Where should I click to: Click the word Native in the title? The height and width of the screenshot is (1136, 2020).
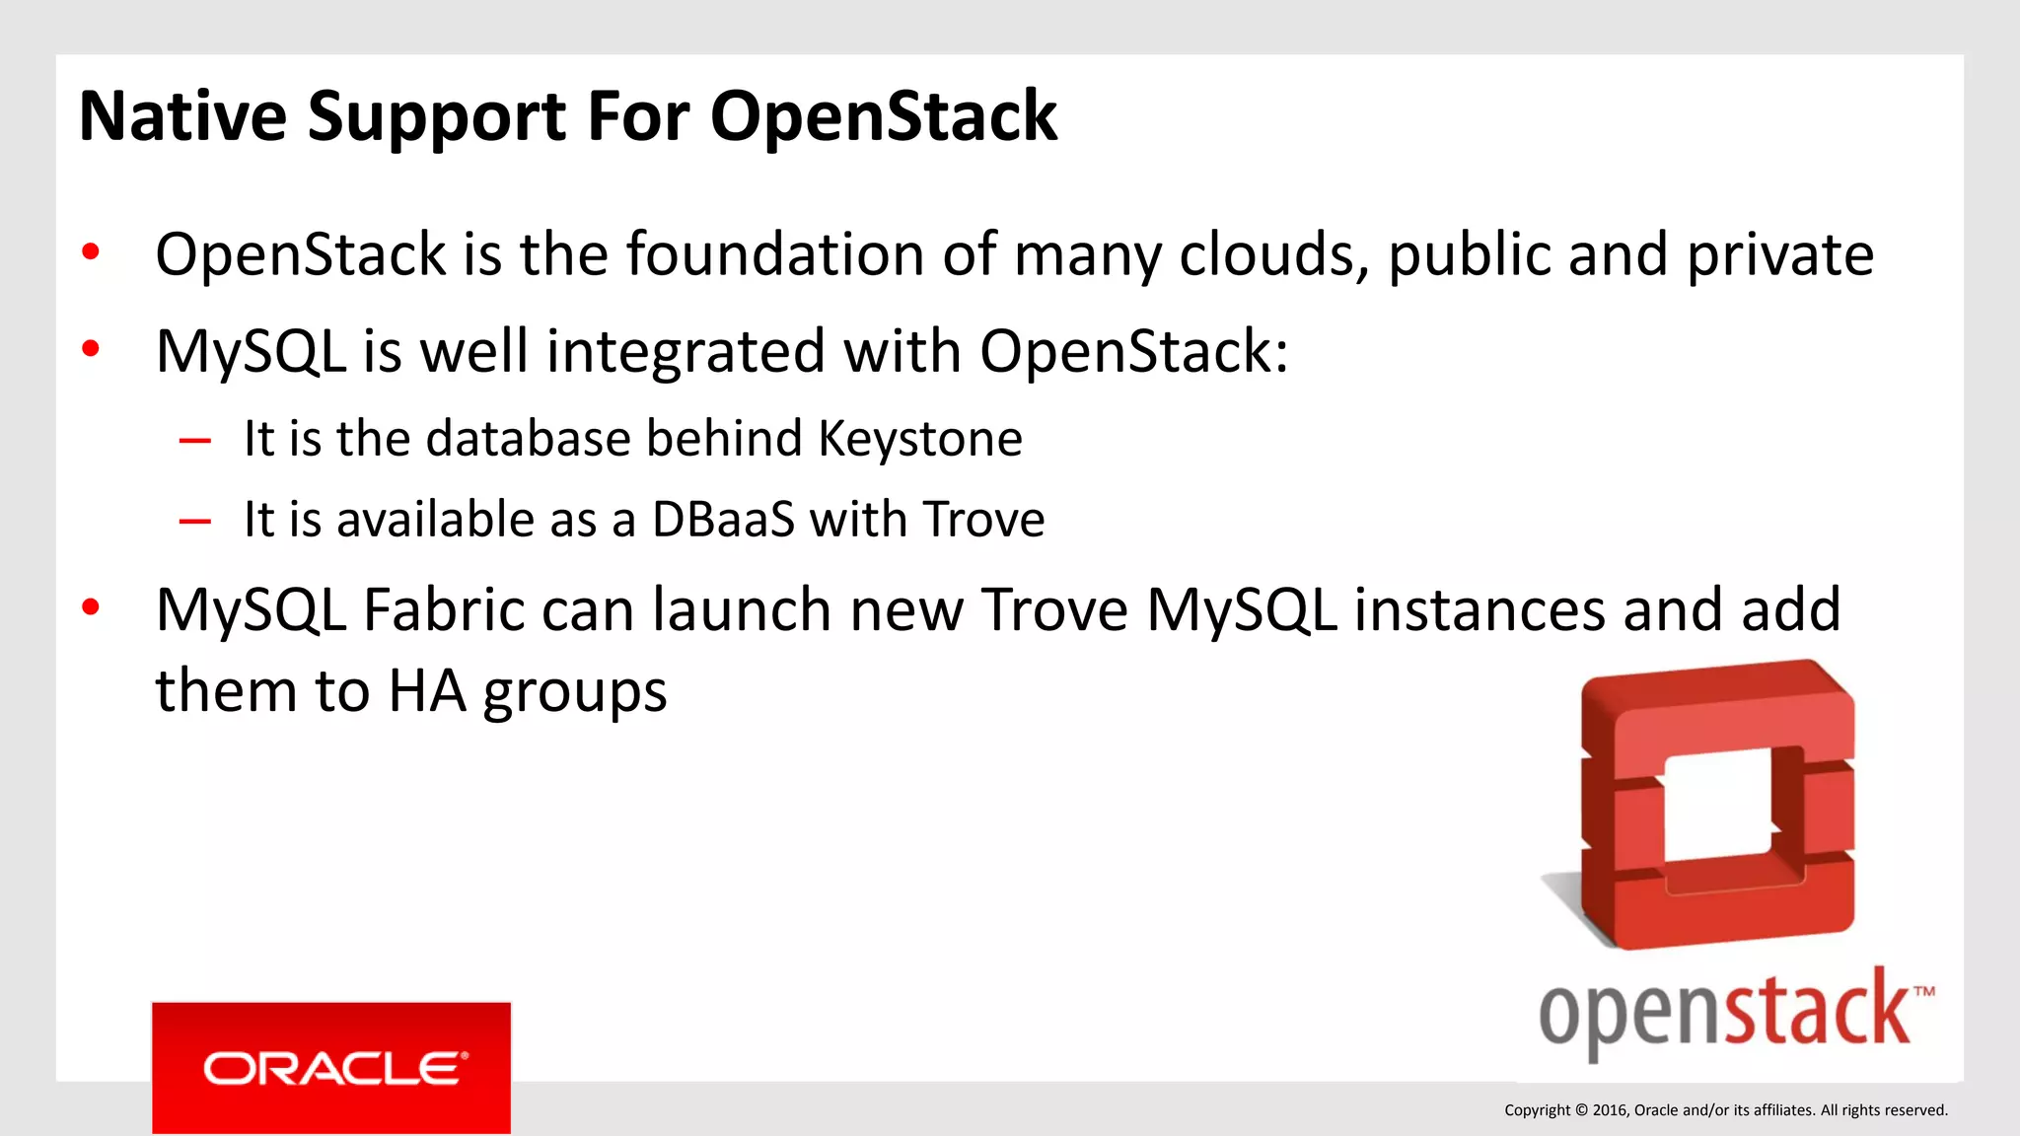tap(182, 116)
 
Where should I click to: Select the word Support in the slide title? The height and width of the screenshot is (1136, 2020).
tap(437, 118)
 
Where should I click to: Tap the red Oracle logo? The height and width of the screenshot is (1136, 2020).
tap(331, 1068)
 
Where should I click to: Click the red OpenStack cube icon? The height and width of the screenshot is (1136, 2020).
tap(1717, 804)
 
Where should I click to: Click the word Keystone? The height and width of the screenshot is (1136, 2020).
tap(920, 439)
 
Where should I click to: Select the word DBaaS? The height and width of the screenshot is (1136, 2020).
tap(723, 520)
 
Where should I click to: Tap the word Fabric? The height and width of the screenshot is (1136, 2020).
tap(444, 609)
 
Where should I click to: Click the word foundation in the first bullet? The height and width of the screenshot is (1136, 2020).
tap(775, 254)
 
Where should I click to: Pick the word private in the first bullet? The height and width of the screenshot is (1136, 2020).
tap(1779, 254)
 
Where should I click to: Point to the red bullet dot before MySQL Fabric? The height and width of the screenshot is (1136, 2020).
tap(91, 606)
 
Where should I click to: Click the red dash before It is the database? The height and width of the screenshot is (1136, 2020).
tap(195, 441)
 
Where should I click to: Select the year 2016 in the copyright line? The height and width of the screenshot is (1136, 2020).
tap(1610, 1110)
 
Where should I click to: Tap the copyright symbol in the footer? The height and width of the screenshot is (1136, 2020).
tap(1581, 1110)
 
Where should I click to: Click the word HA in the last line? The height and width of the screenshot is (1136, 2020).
tap(427, 691)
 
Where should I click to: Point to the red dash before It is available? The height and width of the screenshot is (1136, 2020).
tap(195, 522)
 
